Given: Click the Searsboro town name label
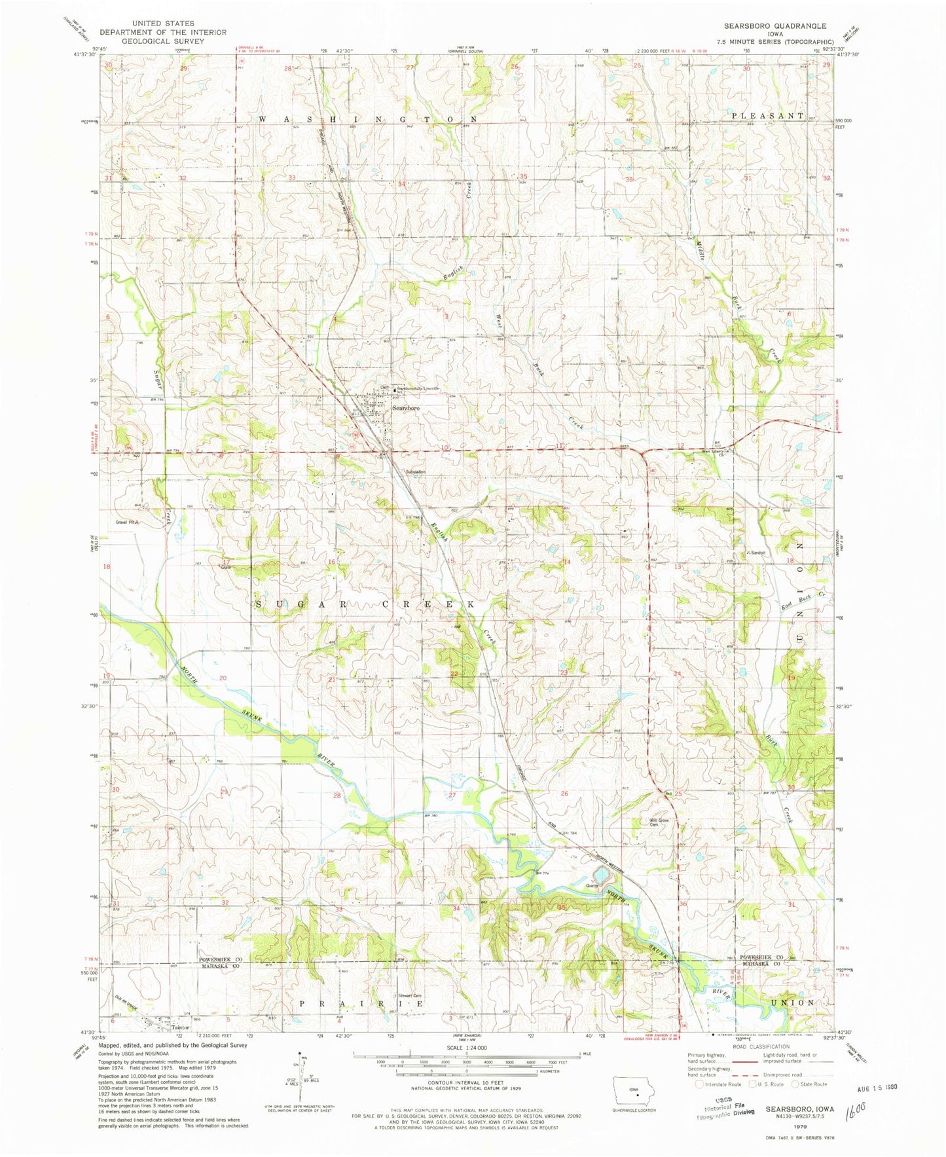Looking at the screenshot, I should click(x=405, y=408).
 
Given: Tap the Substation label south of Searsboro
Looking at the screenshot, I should click(x=416, y=471).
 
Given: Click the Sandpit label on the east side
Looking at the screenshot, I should click(x=758, y=553).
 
